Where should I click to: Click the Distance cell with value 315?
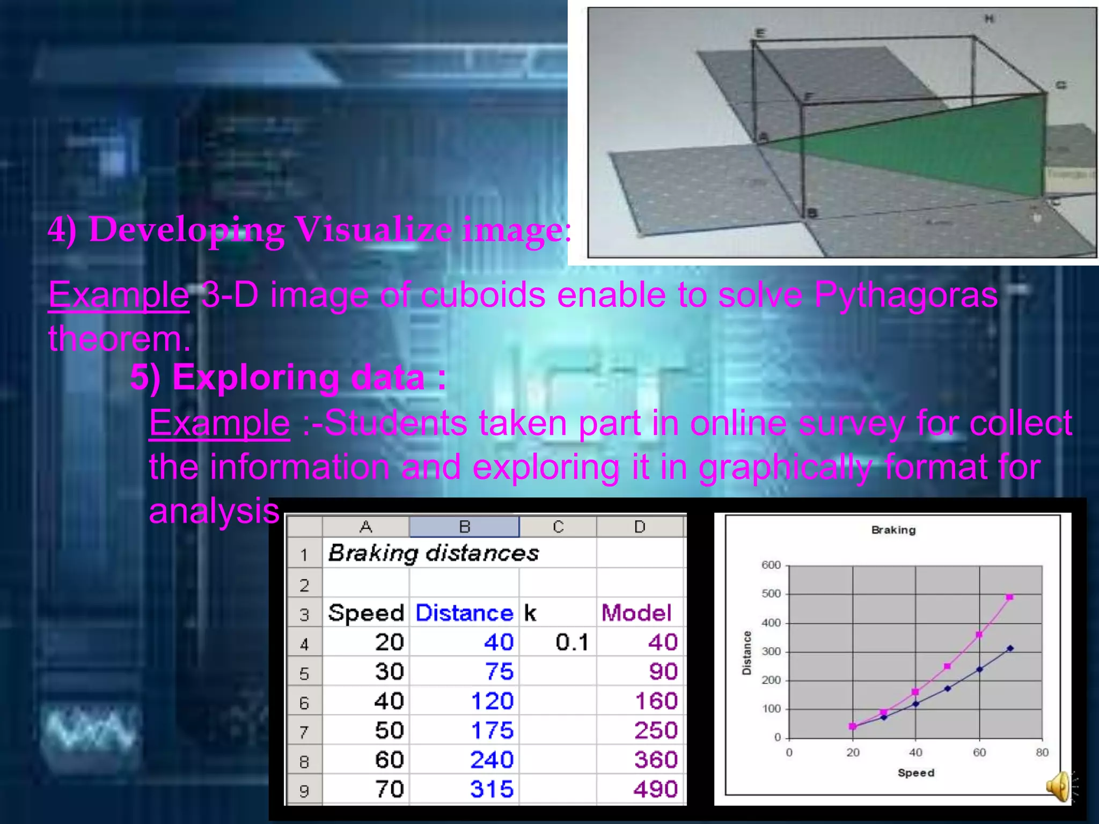[492, 789]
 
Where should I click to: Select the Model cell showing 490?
[655, 789]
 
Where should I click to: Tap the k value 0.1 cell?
[572, 642]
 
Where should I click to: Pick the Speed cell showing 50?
[389, 730]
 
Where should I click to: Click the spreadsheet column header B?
[464, 527]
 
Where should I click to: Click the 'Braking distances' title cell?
[434, 553]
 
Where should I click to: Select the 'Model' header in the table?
[636, 613]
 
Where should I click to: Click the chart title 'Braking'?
[893, 530]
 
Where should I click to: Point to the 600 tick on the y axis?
[771, 565]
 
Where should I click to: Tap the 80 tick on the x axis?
[1042, 752]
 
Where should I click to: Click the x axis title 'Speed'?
[915, 772]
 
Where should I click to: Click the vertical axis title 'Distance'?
[746, 652]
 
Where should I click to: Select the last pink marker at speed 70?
[1009, 597]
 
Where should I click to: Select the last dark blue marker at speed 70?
[1010, 648]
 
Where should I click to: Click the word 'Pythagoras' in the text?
[905, 295]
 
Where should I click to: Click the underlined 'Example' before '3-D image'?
[119, 295]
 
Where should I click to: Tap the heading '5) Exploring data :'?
[288, 377]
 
